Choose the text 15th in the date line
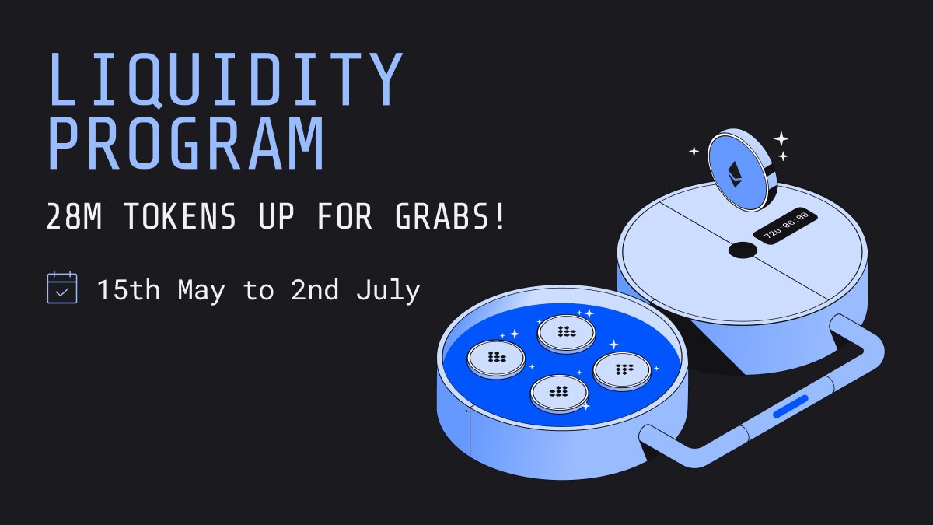(x=129, y=291)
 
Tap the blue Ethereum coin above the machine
(x=739, y=170)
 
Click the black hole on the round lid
(x=743, y=250)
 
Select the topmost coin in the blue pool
(x=566, y=332)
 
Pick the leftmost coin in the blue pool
(x=496, y=359)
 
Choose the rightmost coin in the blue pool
(x=621, y=370)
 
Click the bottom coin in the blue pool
(x=558, y=392)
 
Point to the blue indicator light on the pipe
(x=791, y=406)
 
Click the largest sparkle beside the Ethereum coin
(x=781, y=139)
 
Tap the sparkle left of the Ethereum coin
(x=694, y=152)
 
